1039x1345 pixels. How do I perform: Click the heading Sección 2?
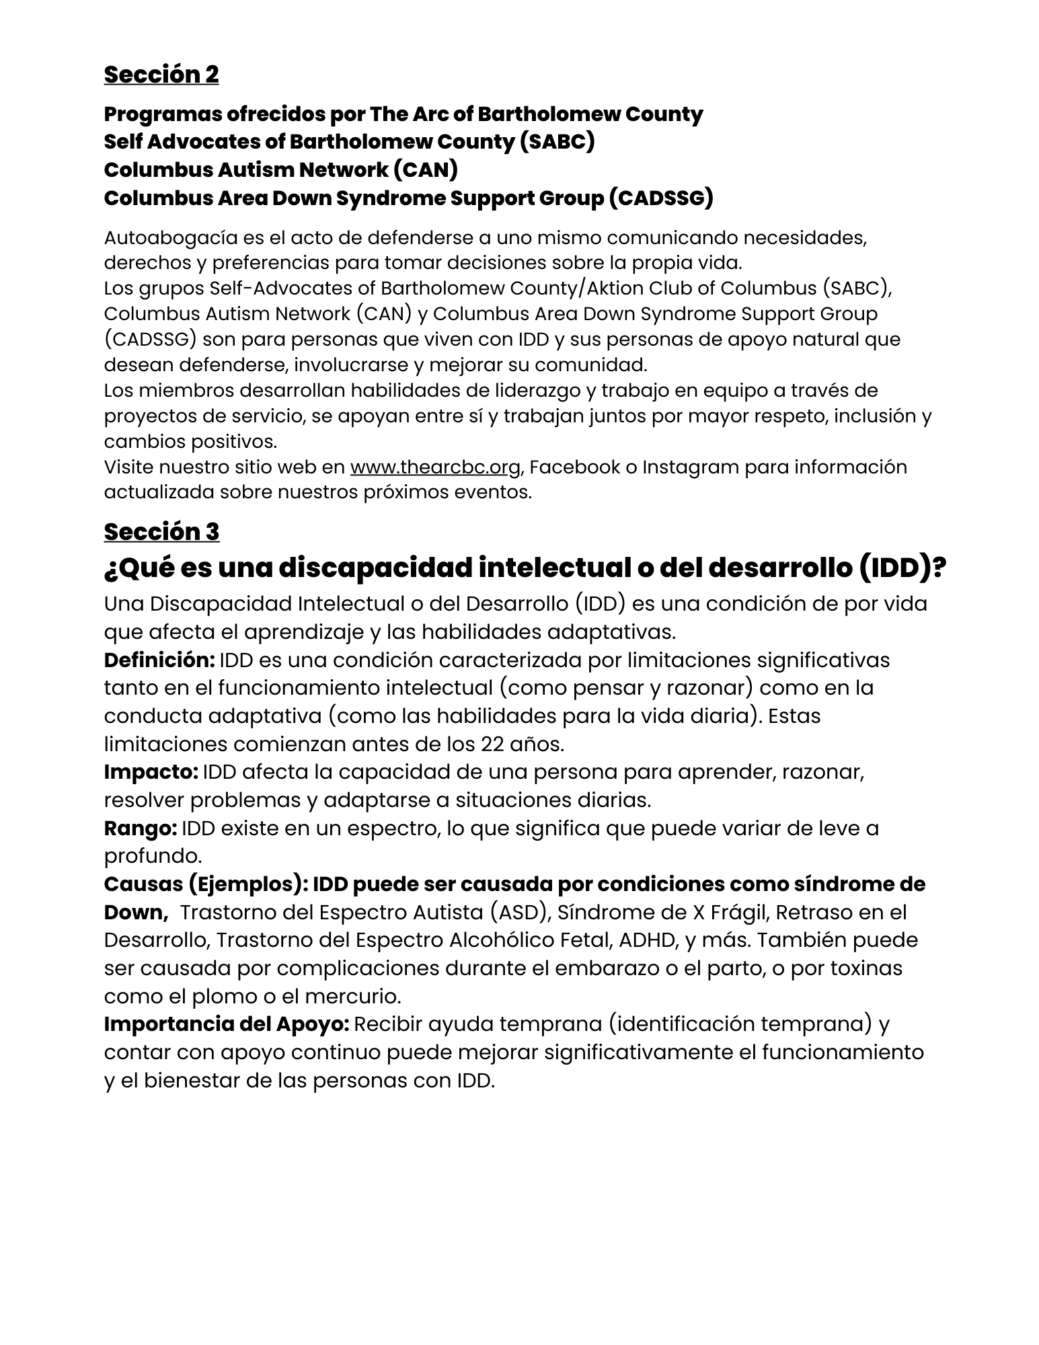click(x=161, y=75)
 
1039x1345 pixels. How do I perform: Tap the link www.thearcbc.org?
click(x=435, y=467)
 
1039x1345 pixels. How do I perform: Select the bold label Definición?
click(x=159, y=660)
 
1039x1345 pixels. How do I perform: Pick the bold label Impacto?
click(x=151, y=771)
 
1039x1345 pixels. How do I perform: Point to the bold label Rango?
click(x=140, y=828)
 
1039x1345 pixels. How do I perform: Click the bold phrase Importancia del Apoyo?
click(x=226, y=1024)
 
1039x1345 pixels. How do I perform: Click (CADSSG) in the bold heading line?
click(x=660, y=198)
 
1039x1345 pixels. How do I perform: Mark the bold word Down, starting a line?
click(x=135, y=912)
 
